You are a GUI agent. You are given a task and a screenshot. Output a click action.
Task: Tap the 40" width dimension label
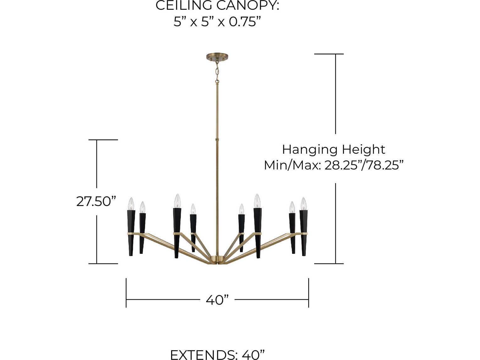click(217, 300)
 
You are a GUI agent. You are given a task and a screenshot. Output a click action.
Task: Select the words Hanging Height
click(333, 149)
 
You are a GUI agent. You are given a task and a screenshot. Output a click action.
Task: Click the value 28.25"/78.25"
click(364, 165)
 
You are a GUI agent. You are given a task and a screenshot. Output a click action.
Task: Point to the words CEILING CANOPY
click(217, 6)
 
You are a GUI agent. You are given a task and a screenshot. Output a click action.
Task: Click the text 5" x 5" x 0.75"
click(217, 22)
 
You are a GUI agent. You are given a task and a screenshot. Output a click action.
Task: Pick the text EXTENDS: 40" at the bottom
click(217, 354)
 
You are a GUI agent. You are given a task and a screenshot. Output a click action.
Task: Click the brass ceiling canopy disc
click(217, 57)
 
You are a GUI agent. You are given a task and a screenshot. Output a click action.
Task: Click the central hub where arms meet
click(217, 259)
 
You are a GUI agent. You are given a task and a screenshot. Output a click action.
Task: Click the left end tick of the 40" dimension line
click(126, 292)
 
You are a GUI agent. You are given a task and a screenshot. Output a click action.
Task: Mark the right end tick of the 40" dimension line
click(308, 292)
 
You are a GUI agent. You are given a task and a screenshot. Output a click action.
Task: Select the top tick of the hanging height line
click(329, 54)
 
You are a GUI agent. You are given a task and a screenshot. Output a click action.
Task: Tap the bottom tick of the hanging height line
click(329, 264)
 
